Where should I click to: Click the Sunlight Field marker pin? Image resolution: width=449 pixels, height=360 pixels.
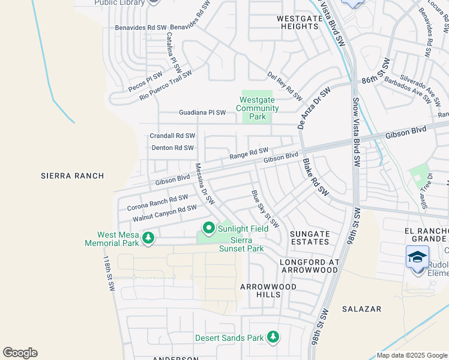coord(209,228)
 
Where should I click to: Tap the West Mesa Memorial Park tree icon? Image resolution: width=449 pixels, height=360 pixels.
coord(148,239)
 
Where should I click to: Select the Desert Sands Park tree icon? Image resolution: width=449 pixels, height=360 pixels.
coord(273,337)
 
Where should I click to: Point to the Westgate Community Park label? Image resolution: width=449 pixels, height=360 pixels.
coord(259,109)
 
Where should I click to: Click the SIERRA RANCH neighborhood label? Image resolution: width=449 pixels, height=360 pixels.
coord(72,176)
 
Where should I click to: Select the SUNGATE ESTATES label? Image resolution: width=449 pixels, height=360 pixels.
coord(310,238)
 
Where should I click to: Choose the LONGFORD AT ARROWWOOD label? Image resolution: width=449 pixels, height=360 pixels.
coord(310,266)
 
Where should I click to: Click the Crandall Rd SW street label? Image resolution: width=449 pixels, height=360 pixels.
coord(172,136)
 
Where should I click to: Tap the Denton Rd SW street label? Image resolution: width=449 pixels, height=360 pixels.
coord(172,148)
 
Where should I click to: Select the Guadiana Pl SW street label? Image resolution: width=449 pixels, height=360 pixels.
coord(202,112)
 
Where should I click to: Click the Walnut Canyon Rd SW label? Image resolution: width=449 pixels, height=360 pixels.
coord(164,212)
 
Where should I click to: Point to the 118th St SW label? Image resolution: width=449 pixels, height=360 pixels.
coord(108,274)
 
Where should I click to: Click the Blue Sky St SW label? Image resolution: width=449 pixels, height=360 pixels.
coord(265,209)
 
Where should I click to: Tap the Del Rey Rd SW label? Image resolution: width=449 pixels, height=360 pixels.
coord(285,86)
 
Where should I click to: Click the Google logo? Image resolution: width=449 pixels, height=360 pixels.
coord(20,352)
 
